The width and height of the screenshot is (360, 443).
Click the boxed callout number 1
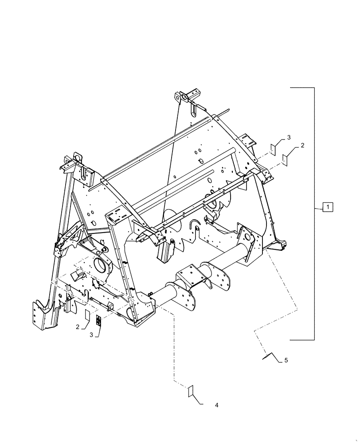(x=327, y=207)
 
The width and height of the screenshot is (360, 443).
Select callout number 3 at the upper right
(x=289, y=138)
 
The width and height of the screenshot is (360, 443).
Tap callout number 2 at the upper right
(x=303, y=145)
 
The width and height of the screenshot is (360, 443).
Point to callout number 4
(x=216, y=405)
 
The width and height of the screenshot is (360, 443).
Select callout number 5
(x=286, y=361)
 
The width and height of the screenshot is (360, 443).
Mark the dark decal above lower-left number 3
(x=99, y=321)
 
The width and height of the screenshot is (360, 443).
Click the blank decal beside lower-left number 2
(x=88, y=315)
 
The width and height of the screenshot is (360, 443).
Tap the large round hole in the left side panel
(x=101, y=266)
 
